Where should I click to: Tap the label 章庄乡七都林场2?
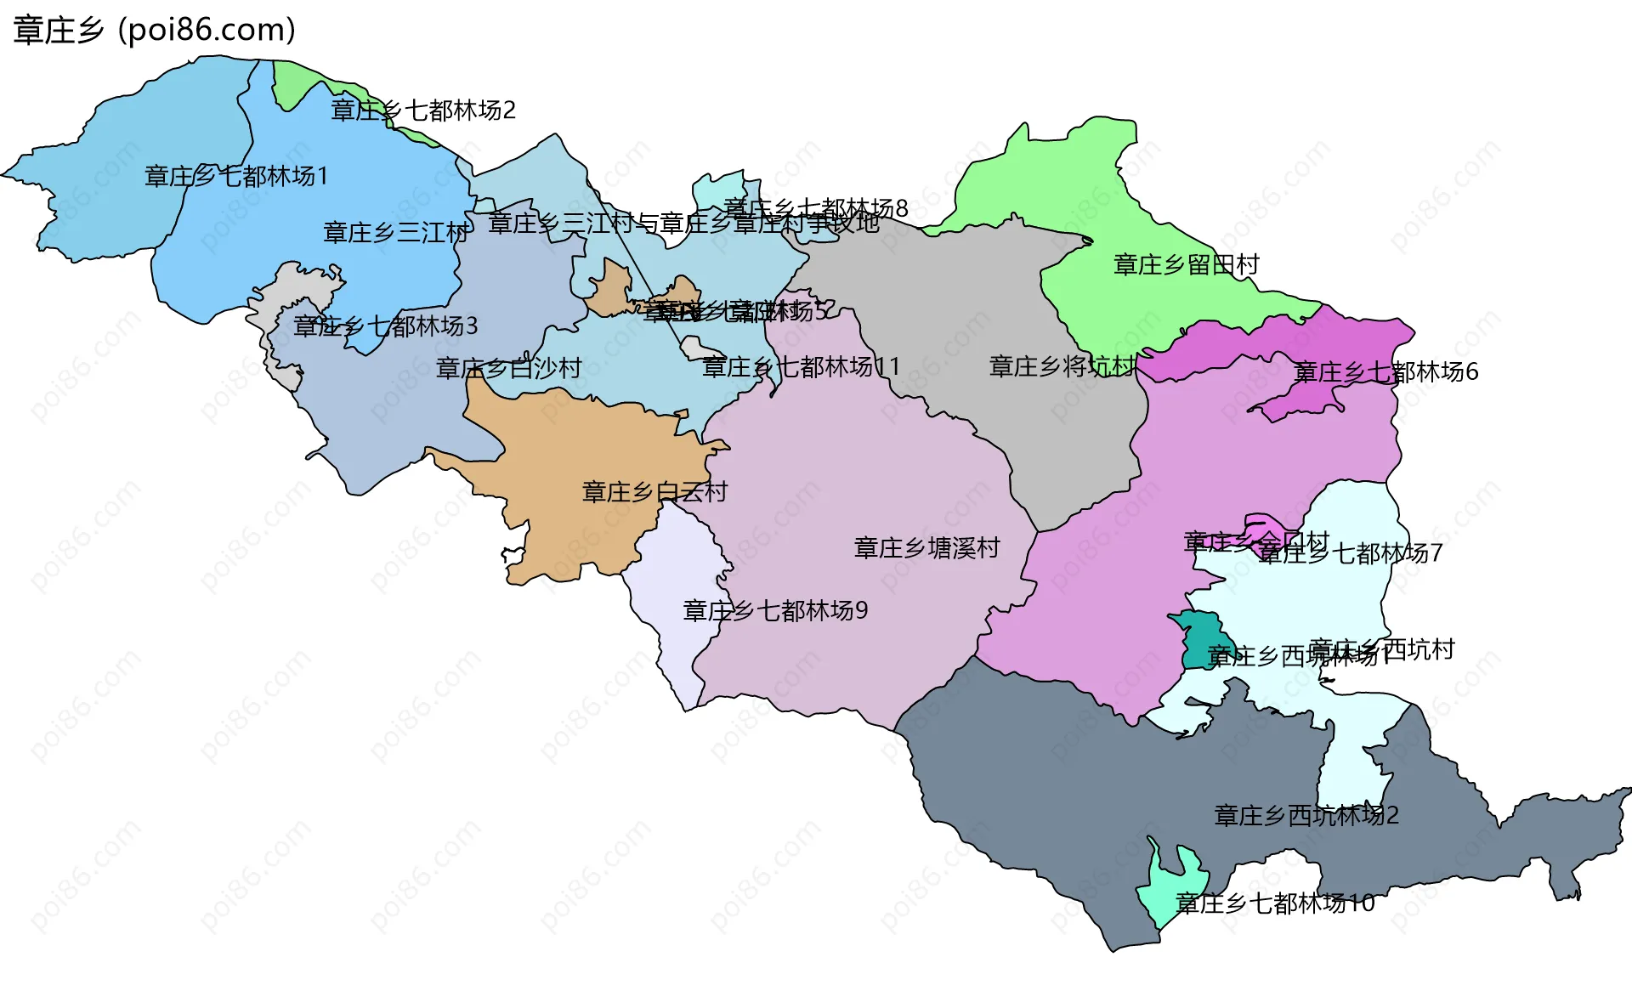point(423,110)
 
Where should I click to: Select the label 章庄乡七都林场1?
point(236,177)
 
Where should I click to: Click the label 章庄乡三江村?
point(395,232)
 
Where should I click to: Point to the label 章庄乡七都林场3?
point(386,326)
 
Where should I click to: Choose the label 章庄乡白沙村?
point(508,368)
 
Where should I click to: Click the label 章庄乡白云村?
point(654,492)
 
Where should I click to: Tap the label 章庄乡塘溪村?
point(926,548)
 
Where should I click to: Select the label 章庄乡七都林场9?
point(775,611)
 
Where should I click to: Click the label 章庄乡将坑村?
point(1062,367)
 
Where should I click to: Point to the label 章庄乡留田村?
point(1187,265)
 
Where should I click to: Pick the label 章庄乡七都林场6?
point(1385,372)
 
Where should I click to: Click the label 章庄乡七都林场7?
point(1350,554)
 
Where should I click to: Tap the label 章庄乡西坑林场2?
point(1306,816)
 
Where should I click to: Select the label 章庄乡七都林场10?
point(1275,903)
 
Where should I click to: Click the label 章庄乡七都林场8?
point(816,208)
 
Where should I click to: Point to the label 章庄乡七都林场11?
point(801,367)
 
